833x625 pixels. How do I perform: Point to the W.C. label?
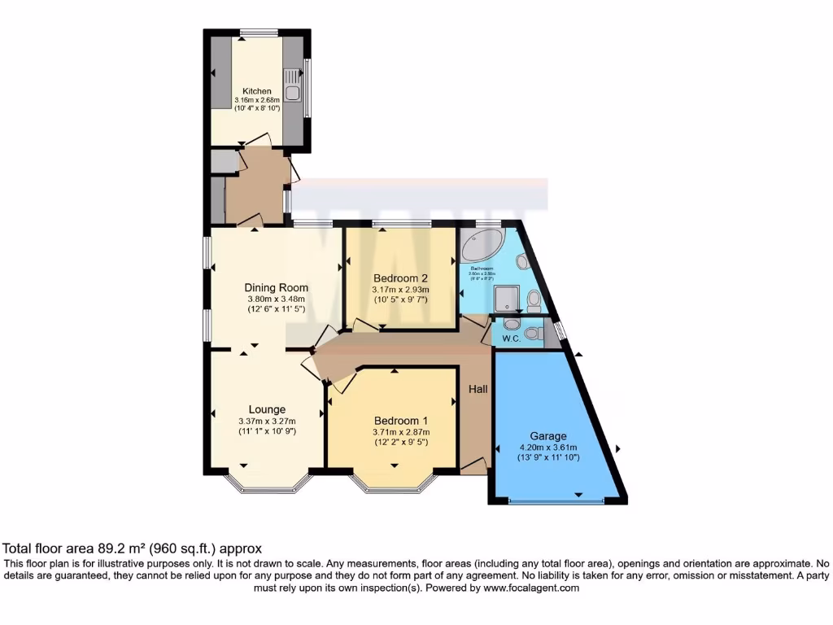(x=510, y=337)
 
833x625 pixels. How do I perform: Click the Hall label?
(x=478, y=390)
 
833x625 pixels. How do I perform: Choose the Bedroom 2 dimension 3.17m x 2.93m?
(x=400, y=289)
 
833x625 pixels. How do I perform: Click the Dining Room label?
(x=277, y=287)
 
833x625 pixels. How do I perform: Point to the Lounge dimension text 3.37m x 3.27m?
(x=267, y=421)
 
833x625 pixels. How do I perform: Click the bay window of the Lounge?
(x=268, y=487)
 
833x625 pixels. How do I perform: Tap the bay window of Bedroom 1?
(x=393, y=487)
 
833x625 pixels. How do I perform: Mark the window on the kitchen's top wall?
(x=258, y=33)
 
